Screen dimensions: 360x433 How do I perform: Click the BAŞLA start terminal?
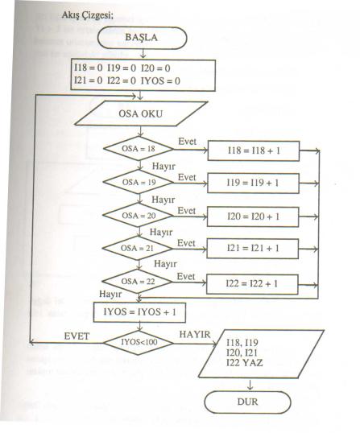pyautogui.click(x=143, y=38)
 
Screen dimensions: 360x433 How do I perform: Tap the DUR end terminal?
pyautogui.click(x=247, y=402)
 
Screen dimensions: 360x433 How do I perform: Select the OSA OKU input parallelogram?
pyautogui.click(x=141, y=113)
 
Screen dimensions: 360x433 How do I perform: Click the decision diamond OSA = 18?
pyautogui.click(x=139, y=149)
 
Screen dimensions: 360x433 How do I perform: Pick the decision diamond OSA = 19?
pyautogui.click(x=139, y=182)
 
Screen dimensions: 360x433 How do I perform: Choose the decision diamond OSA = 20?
pyautogui.click(x=138, y=216)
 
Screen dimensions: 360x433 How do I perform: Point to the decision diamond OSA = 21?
pyautogui.click(x=137, y=248)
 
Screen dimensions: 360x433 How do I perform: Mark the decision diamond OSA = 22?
pyautogui.click(x=137, y=282)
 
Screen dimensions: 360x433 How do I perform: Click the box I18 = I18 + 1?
pyautogui.click(x=254, y=151)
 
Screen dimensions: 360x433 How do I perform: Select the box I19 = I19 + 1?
pyautogui.click(x=253, y=183)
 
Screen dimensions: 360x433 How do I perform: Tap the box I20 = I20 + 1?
pyautogui.click(x=253, y=216)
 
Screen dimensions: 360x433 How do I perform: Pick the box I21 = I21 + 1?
pyautogui.click(x=253, y=249)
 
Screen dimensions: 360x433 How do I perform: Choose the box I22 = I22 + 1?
pyautogui.click(x=252, y=284)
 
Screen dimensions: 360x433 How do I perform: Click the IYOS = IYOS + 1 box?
pyautogui.click(x=139, y=312)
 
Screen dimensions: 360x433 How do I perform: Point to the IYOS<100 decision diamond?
pyautogui.click(x=139, y=342)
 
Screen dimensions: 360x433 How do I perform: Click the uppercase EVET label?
pyautogui.click(x=77, y=336)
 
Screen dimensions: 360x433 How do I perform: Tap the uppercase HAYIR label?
pyautogui.click(x=195, y=335)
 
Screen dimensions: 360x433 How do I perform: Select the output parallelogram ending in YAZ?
pyautogui.click(x=261, y=354)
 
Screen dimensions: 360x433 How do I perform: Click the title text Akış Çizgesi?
pyautogui.click(x=88, y=15)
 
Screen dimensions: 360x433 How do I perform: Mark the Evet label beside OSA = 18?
pyautogui.click(x=188, y=142)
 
